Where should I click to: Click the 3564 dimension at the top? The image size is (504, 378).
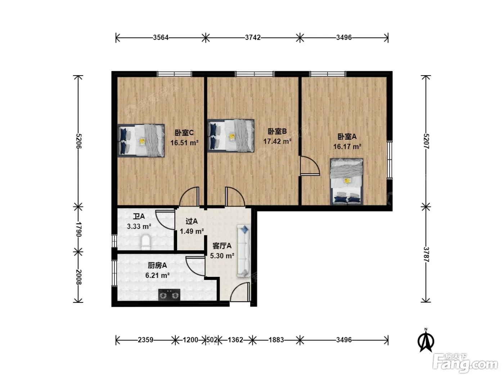tap(161, 37)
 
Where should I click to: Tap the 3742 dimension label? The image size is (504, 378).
tap(253, 37)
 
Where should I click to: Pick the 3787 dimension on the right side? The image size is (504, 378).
tap(426, 254)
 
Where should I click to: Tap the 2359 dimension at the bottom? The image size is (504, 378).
tap(145, 340)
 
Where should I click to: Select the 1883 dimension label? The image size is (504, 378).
tap(276, 340)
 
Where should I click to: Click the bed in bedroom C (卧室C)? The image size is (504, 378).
tap(141, 140)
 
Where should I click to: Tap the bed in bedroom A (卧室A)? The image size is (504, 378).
tap(346, 181)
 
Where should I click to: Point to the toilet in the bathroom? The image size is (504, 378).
tap(145, 242)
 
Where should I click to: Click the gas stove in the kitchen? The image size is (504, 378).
tap(169, 295)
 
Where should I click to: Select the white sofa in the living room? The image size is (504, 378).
tap(244, 251)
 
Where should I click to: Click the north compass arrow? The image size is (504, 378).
tap(426, 340)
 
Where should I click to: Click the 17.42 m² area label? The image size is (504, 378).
tap(277, 141)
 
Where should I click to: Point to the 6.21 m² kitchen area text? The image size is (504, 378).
tap(157, 275)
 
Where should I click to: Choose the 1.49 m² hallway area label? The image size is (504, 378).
tap(192, 231)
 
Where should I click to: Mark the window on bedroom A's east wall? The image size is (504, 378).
tap(390, 160)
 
